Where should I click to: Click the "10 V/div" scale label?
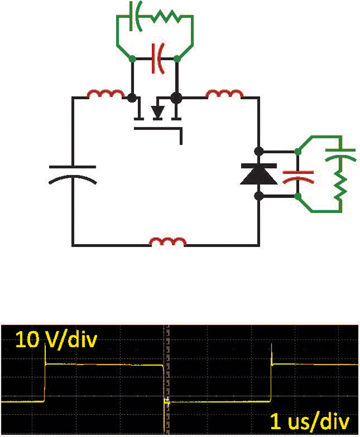56,340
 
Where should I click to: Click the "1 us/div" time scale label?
310,421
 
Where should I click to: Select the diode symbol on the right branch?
259,174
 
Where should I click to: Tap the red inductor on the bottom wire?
167,241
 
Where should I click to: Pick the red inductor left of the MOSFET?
106,94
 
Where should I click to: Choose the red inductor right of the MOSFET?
224,94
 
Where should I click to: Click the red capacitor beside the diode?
298,177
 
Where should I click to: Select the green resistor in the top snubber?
166,17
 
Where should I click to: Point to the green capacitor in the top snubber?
135,16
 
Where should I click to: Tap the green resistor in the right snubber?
340,185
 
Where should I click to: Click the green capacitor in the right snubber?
340,155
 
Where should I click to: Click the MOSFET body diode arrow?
157,112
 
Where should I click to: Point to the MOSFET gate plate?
158,129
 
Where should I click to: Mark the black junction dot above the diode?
259,152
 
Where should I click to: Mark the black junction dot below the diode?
259,196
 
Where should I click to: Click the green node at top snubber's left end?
132,59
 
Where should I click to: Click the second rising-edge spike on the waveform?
272,354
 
